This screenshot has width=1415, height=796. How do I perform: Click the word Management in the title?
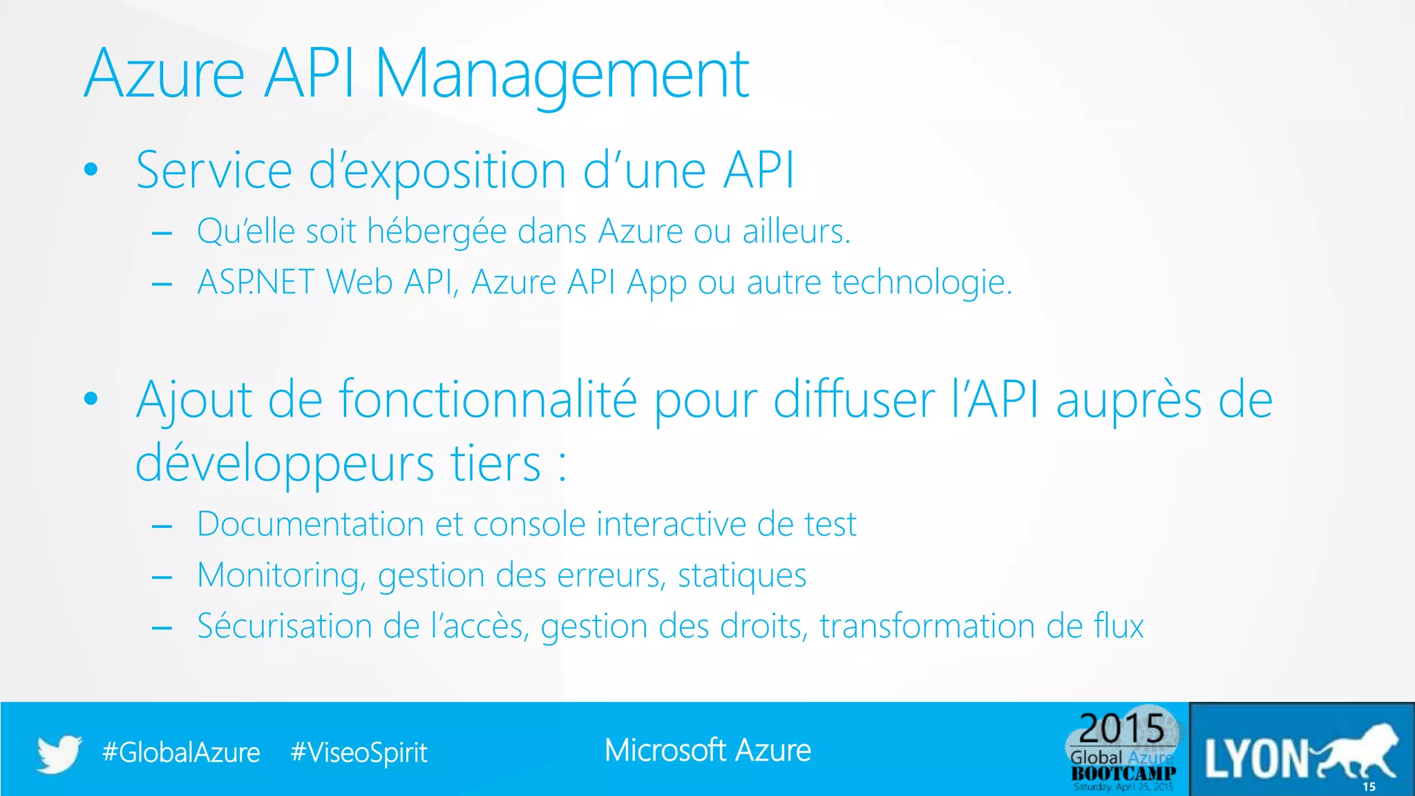tap(561, 75)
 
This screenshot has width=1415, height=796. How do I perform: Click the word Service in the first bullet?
tap(214, 170)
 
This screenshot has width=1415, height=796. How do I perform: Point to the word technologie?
tap(922, 283)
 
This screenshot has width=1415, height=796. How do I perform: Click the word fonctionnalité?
tap(487, 400)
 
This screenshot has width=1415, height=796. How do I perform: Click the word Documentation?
tap(310, 524)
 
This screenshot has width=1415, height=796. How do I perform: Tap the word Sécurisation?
tap(283, 626)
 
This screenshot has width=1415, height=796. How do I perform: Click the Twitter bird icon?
tap(59, 753)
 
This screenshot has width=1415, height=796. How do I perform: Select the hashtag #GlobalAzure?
tap(181, 752)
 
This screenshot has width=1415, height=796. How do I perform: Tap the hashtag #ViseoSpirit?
tap(359, 752)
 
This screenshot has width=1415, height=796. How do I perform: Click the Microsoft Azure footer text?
tap(707, 750)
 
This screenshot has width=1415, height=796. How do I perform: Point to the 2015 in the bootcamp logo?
tap(1122, 728)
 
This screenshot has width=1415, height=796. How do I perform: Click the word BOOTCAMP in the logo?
tap(1123, 773)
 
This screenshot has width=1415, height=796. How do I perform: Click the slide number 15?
tap(1369, 787)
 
